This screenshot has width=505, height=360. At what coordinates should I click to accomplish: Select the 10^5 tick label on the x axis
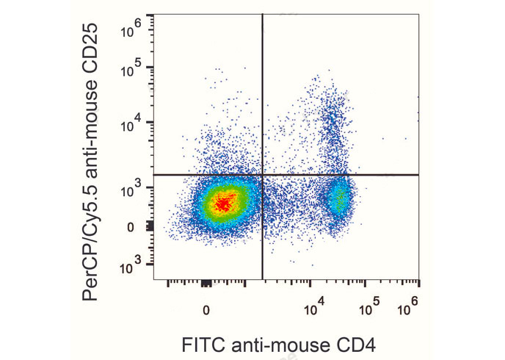371,307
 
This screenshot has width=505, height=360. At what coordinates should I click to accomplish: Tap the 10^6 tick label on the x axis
409,307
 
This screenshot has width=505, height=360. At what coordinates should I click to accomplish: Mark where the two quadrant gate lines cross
263,175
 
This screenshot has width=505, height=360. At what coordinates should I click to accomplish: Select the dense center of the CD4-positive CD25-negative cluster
339,197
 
